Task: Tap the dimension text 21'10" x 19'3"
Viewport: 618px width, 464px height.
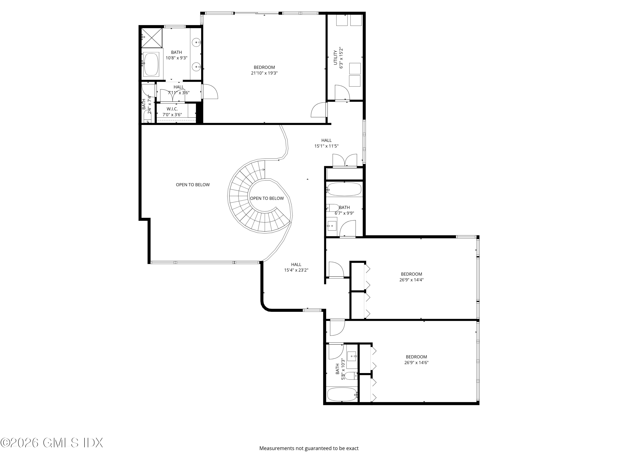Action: point(264,73)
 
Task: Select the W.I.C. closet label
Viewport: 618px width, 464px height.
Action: point(172,109)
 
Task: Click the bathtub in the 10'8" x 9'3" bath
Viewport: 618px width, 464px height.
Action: point(151,64)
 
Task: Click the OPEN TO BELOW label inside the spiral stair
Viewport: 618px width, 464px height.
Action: point(267,199)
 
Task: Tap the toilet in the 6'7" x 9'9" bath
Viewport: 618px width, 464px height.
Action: point(333,208)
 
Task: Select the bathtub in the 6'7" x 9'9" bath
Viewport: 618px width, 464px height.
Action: point(344,189)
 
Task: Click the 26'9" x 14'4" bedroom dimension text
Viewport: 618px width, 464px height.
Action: point(411,280)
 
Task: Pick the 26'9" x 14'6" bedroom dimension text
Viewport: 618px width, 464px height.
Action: point(416,363)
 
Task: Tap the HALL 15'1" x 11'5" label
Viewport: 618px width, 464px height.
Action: point(326,143)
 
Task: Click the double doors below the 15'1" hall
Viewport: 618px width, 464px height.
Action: point(345,161)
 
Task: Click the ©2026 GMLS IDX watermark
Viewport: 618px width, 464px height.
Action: point(52,443)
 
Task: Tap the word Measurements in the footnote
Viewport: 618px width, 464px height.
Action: point(277,456)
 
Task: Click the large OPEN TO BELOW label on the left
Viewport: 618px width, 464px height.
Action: point(193,185)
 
